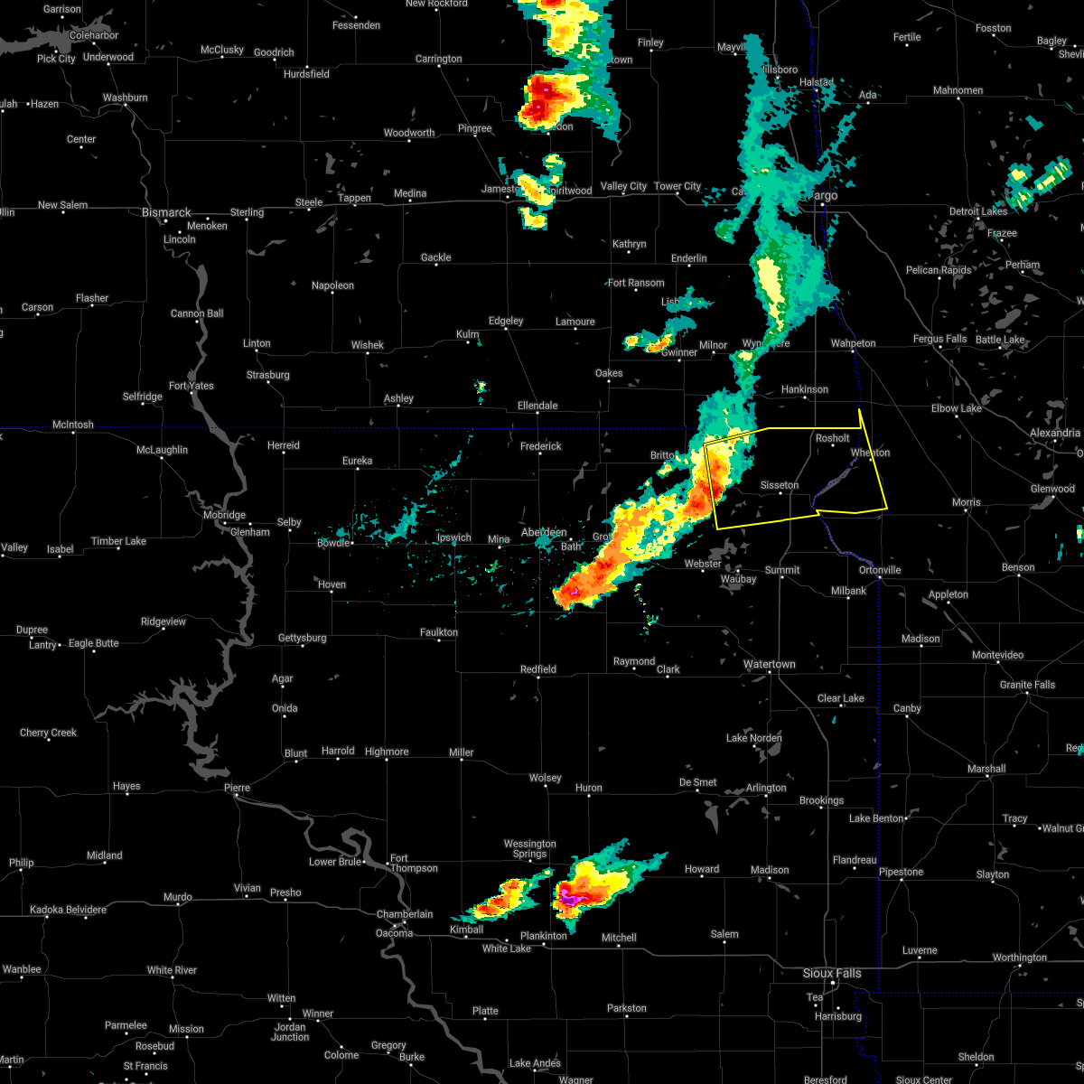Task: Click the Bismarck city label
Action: tap(166, 213)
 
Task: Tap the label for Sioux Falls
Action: tap(832, 973)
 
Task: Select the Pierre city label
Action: tap(236, 788)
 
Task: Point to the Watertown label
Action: tap(769, 664)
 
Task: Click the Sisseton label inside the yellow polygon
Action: tap(779, 485)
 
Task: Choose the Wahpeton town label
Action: tap(853, 343)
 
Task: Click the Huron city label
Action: tap(588, 788)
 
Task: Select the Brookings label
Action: tap(821, 800)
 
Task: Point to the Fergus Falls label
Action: tap(939, 339)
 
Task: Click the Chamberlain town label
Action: tap(405, 914)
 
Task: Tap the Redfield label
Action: tap(538, 669)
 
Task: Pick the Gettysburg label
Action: tap(302, 638)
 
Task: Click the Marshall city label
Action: tap(986, 769)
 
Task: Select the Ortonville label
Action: tap(880, 570)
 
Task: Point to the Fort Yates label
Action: tap(191, 386)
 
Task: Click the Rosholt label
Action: tap(832, 438)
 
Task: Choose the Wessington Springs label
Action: tap(530, 849)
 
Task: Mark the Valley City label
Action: tap(623, 186)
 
